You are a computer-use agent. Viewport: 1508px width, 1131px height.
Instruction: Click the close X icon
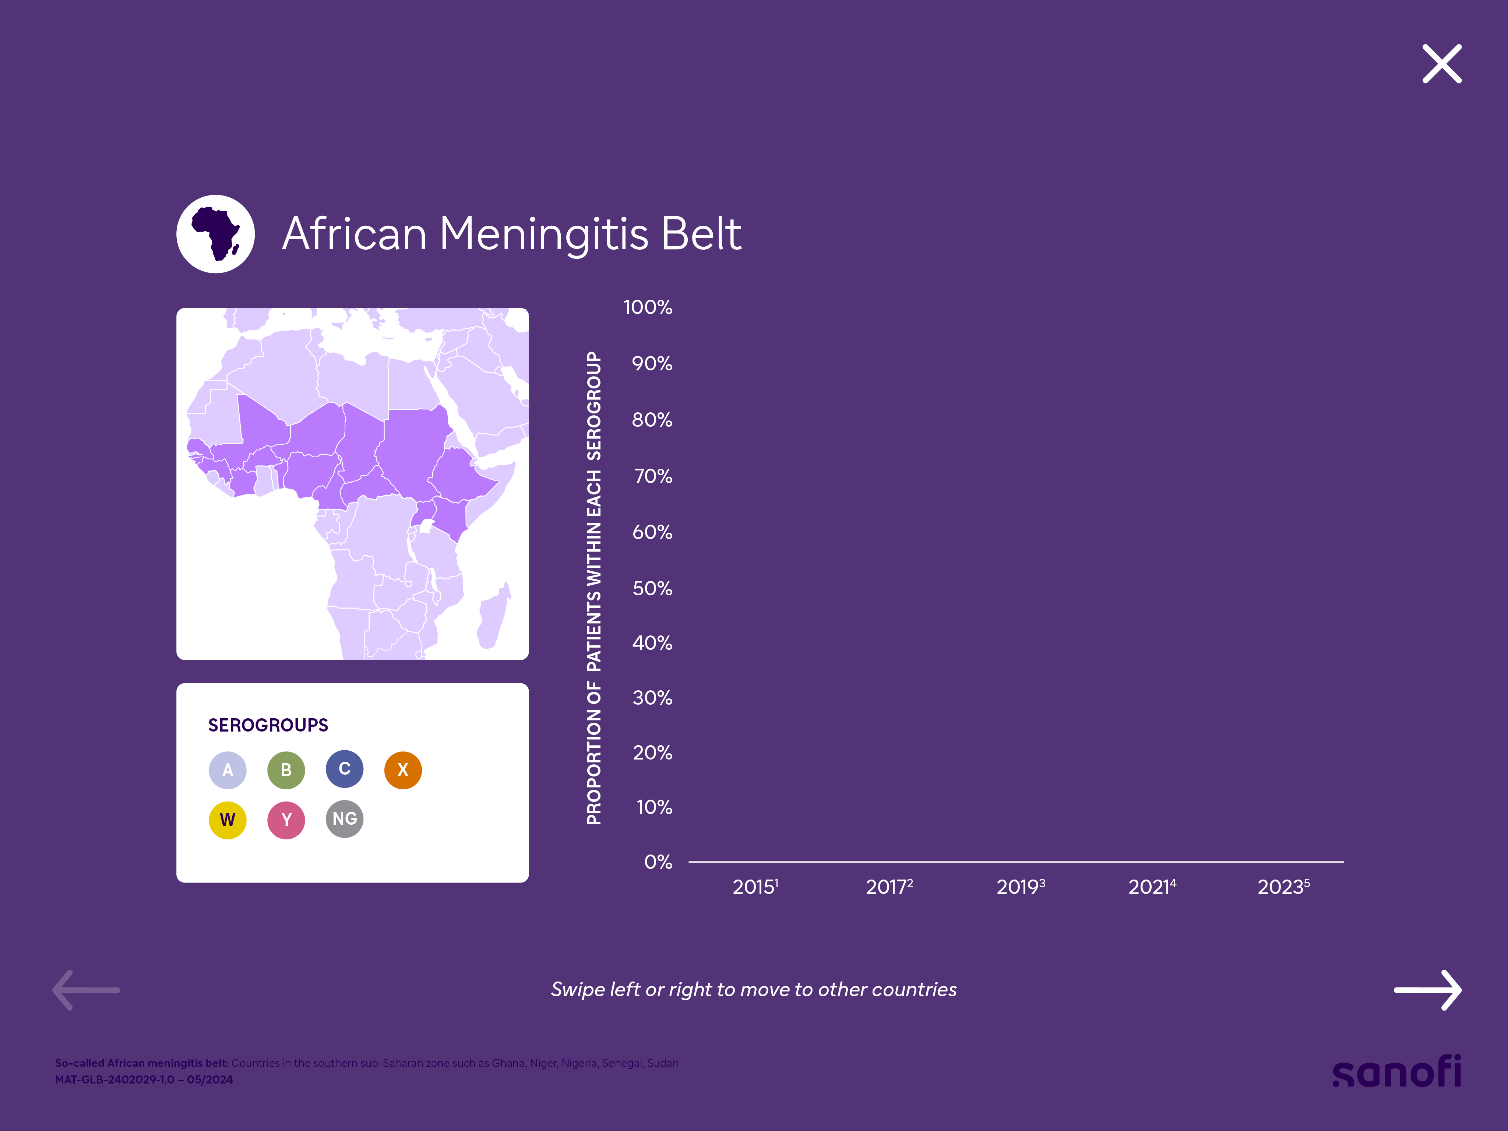click(1441, 64)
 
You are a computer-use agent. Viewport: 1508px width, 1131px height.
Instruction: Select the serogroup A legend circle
click(228, 770)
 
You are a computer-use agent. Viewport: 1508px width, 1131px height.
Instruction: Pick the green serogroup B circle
click(286, 770)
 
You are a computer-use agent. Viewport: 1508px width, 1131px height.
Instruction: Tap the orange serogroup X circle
click(403, 770)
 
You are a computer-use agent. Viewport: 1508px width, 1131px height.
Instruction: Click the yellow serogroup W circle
click(228, 820)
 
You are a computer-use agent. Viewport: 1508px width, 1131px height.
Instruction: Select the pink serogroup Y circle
click(286, 820)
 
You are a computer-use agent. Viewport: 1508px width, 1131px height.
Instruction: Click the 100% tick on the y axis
click(648, 307)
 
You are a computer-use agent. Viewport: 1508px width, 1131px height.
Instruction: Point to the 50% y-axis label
click(652, 588)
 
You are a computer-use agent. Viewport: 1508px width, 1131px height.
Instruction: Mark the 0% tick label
click(658, 862)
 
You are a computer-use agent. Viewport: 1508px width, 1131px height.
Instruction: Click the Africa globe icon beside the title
click(215, 234)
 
